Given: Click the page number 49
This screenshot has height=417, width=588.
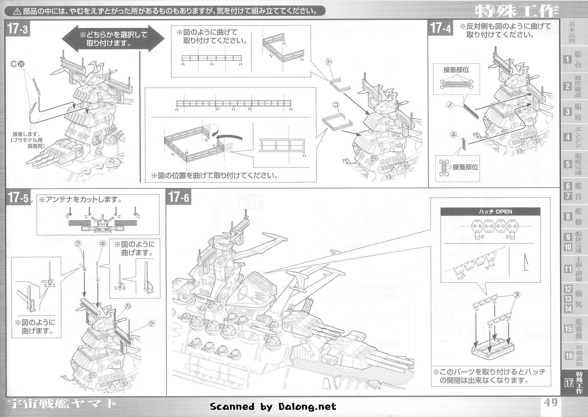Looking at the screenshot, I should (550, 403).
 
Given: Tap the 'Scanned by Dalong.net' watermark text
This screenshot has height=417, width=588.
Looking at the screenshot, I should (273, 407).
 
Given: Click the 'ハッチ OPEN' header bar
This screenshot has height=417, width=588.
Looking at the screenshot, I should (490, 212).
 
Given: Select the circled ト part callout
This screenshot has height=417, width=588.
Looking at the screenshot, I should (328, 62).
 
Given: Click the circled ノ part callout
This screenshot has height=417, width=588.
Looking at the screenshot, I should (449, 105).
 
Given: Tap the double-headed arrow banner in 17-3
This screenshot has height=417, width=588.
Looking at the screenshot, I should (113, 39).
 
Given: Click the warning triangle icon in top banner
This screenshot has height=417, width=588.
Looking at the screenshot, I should (18, 11).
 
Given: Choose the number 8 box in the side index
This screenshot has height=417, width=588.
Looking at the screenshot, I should (568, 216).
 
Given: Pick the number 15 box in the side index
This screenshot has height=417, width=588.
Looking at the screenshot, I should (568, 329).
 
